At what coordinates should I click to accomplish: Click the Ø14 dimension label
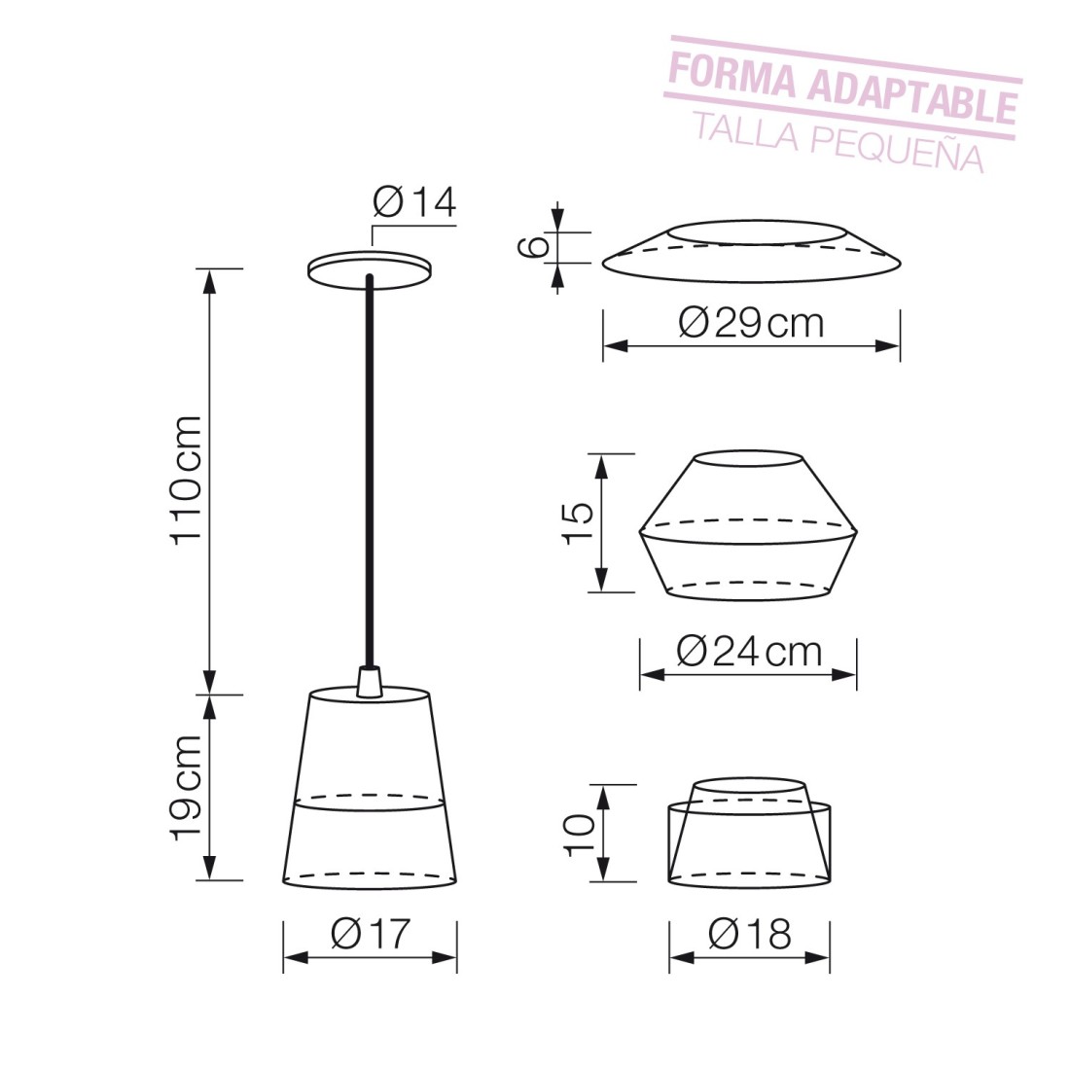[x=414, y=202]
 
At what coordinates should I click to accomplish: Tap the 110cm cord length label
[x=187, y=480]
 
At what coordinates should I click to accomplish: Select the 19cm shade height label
[x=187, y=788]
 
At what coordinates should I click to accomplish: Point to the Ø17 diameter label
[x=371, y=932]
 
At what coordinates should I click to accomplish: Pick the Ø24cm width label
[x=749, y=652]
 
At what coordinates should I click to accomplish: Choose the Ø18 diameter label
[x=750, y=933]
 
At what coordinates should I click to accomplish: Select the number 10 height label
[x=580, y=834]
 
